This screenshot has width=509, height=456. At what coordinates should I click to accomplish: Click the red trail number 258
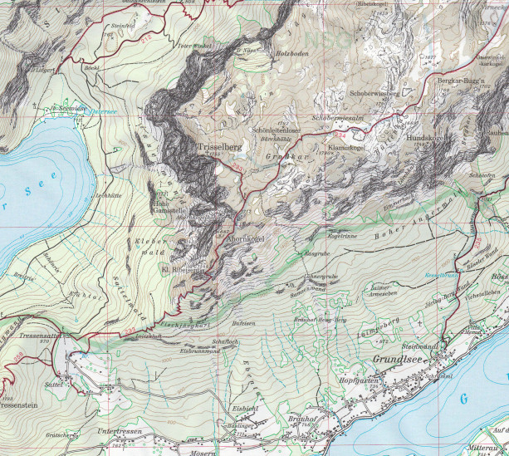(15, 356)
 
